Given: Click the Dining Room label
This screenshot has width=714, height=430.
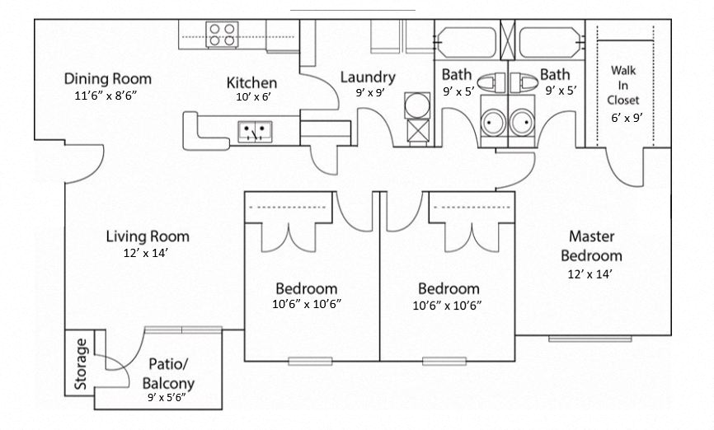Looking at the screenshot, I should pos(108,79).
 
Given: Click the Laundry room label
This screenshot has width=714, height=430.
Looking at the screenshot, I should pos(368,77).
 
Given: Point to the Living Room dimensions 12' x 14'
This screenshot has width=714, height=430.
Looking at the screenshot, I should pos(148,253).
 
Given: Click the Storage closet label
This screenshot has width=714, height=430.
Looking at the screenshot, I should pos(80,363).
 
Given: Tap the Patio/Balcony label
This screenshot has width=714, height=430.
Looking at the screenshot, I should pos(168,373).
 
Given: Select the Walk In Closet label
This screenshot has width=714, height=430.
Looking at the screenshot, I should pos(623,85).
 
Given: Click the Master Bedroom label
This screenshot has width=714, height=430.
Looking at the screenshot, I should pos(595,245).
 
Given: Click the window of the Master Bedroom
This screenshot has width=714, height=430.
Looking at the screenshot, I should pos(590,338).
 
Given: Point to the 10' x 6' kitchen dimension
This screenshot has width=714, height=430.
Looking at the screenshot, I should pos(251,96).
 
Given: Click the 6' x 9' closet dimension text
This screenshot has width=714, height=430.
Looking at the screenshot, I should pos(626,117).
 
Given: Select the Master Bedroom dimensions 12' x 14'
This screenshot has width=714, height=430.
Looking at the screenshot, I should pos(591,273).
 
